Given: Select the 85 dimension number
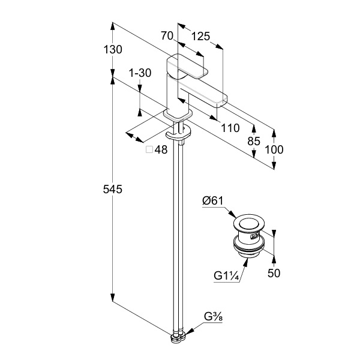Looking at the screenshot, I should point(254,141).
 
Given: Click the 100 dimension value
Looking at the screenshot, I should point(275,149).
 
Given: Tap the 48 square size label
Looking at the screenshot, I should point(160,151).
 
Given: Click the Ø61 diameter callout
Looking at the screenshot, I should point(214,202).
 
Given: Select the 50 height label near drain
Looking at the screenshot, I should point(274,273).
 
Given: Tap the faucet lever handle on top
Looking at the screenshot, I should point(190,67).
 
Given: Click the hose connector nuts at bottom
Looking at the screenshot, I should point(177,338).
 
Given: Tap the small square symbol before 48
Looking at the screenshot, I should point(149,151).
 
